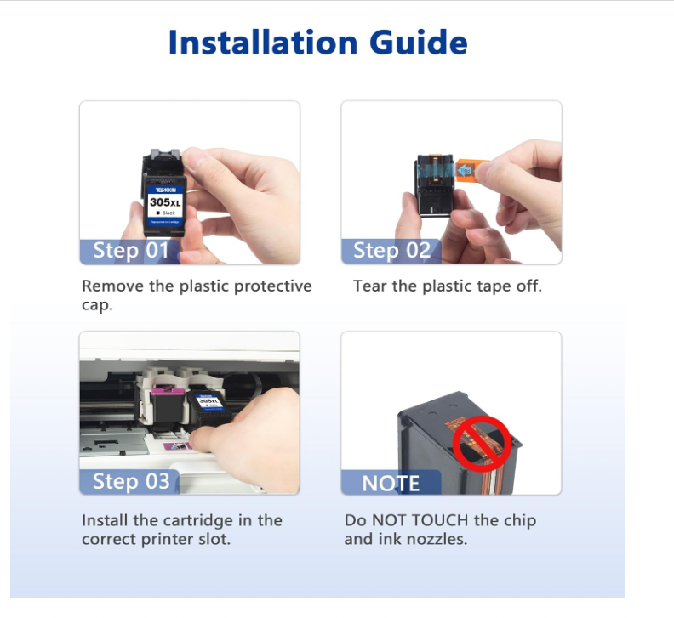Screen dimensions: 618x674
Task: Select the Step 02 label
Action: [x=391, y=250]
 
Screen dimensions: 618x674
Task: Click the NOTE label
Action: [x=391, y=483]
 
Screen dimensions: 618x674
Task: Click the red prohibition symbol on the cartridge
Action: [x=481, y=445]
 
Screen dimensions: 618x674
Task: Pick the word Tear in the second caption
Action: [x=370, y=286]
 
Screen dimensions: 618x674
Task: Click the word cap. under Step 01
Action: [x=97, y=305]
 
